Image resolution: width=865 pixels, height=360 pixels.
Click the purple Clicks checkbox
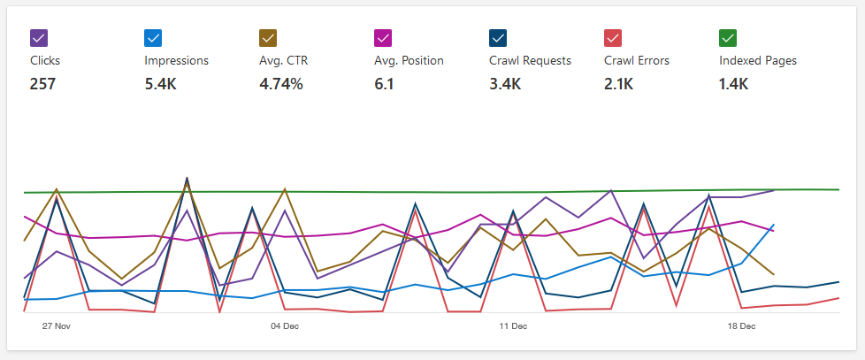[x=38, y=38]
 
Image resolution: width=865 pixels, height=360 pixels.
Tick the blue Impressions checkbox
[x=153, y=38]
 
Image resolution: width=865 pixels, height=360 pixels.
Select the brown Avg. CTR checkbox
[x=268, y=38]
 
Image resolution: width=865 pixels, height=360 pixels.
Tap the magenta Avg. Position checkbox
[x=383, y=38]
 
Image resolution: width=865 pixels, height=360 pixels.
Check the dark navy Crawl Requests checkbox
[x=498, y=38]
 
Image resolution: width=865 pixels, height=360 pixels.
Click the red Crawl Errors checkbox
[x=613, y=38]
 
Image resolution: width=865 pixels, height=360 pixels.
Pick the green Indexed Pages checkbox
[x=728, y=38]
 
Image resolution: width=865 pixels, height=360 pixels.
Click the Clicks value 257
[x=42, y=85]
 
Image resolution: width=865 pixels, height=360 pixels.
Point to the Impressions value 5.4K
[x=161, y=85]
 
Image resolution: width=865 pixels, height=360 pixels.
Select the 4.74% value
[x=281, y=85]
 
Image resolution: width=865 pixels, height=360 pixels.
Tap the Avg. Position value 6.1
[x=384, y=85]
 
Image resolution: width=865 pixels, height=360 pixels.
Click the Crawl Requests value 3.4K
[x=505, y=85]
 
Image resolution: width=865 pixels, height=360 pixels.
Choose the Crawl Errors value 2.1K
[x=619, y=85]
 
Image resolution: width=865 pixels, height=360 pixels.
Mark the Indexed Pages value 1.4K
[x=734, y=85]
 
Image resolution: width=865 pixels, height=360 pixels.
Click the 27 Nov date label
[x=57, y=326]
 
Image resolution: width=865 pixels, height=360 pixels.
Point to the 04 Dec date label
[x=285, y=326]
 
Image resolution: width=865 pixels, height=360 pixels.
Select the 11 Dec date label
[x=513, y=326]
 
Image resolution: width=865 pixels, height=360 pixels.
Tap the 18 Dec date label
[x=741, y=326]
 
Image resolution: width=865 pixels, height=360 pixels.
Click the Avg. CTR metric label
[x=283, y=61]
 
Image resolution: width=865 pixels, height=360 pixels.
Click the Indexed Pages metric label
[x=758, y=61]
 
